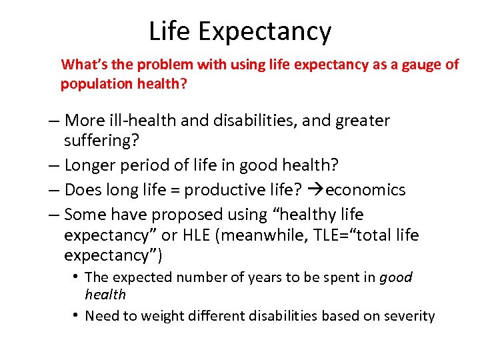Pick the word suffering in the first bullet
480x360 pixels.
pos(98,141)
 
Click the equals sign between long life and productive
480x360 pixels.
pos(175,191)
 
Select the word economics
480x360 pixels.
pos(365,191)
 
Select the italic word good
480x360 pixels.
pos(395,277)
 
